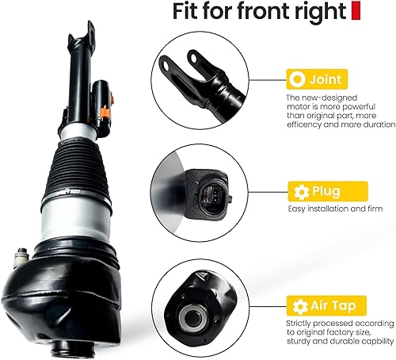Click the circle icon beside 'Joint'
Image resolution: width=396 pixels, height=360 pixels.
pos(296,79)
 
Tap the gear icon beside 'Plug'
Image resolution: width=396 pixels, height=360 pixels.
pos(298,191)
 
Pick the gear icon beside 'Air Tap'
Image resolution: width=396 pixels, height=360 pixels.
pos(298,304)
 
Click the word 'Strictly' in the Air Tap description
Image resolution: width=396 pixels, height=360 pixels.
pos(303,323)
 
